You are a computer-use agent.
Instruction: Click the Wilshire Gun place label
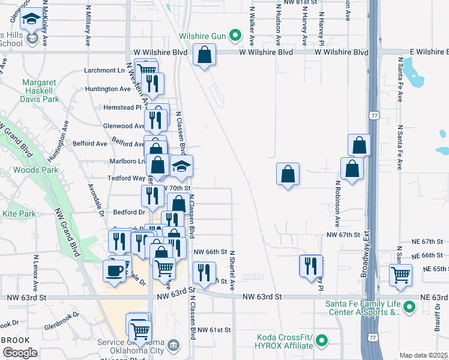(x=202, y=37)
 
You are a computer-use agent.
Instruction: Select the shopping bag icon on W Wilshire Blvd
(x=205, y=55)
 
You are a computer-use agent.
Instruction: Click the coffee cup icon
(x=113, y=270)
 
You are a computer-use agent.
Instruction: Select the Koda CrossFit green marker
(x=322, y=341)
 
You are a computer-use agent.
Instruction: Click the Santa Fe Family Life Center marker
(x=410, y=308)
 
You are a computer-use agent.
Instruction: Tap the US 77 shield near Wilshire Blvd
(x=375, y=115)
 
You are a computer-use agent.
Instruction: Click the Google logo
(x=20, y=353)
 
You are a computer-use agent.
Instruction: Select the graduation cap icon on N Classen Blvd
(x=180, y=166)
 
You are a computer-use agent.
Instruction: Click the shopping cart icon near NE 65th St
(x=400, y=275)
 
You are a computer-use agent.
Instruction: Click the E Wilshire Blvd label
(x=419, y=52)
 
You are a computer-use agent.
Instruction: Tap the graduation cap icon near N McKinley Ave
(x=31, y=21)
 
